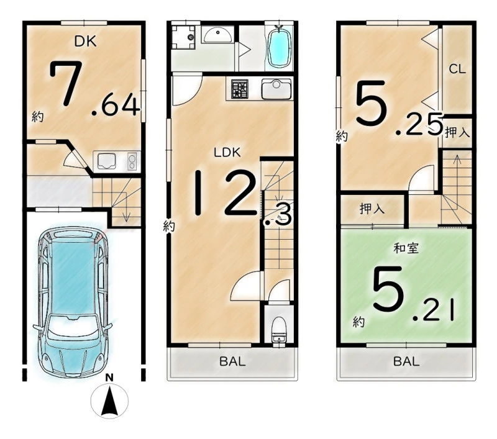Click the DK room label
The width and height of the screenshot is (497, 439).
pos(85,42)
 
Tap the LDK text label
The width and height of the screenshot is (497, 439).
pos(227,152)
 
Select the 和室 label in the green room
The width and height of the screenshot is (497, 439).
pos(406,248)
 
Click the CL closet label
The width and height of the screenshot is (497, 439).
pos(457,69)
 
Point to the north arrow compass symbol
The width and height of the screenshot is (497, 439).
pos(109,397)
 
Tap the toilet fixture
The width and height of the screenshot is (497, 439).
pos(279,330)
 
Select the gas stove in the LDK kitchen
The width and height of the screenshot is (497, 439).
pos(239,89)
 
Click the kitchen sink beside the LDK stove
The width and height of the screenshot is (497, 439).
pos(276,89)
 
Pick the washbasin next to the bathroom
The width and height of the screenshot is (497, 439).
pos(217,35)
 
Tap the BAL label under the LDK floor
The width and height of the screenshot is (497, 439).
pos(232,361)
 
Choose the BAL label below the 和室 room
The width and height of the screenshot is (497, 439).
pos(406,361)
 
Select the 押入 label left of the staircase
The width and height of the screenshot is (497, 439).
pos(372,209)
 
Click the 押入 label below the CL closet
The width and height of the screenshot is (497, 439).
pos(457,133)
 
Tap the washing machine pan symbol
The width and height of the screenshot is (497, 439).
pos(183,37)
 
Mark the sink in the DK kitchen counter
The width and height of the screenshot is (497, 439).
pos(106,161)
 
